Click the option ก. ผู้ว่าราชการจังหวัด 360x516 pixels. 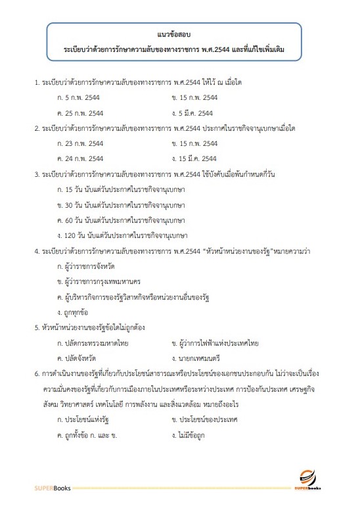(91, 266)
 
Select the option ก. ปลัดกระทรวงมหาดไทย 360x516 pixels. (93, 342)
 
